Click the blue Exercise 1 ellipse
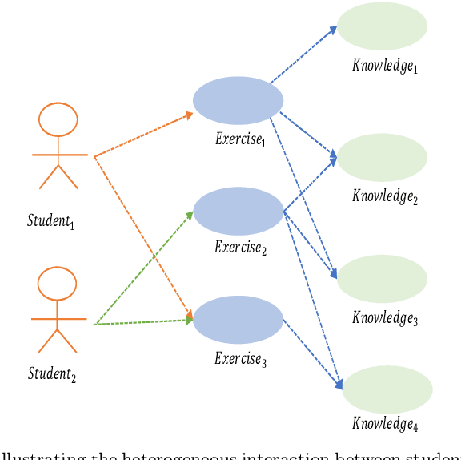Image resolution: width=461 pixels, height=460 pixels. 238,101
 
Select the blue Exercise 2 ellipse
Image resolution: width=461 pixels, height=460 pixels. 239,211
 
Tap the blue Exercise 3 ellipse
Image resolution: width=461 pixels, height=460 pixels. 239,320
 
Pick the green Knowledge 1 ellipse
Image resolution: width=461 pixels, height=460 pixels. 382,26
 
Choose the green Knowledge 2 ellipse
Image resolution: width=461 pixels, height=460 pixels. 382,158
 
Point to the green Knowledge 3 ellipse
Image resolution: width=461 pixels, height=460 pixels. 382,279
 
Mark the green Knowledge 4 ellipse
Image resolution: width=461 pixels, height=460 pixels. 387,389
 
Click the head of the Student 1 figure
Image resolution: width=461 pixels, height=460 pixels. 58,120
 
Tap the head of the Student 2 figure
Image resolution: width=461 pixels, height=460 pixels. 58,284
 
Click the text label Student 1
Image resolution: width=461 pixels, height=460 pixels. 50,220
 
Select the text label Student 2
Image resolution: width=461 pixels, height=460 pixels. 51,373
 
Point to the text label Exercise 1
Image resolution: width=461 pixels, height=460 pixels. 239,139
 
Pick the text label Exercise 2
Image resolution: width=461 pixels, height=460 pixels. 240,248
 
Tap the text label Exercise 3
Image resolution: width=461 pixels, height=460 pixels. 240,358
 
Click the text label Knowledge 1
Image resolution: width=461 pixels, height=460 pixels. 385,66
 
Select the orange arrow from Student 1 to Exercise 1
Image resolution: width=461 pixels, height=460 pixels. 144,135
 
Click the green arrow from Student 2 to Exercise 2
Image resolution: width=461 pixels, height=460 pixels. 144,268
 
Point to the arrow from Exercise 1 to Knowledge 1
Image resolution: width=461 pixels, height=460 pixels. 303,56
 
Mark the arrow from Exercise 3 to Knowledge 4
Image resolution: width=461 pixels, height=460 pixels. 313,353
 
